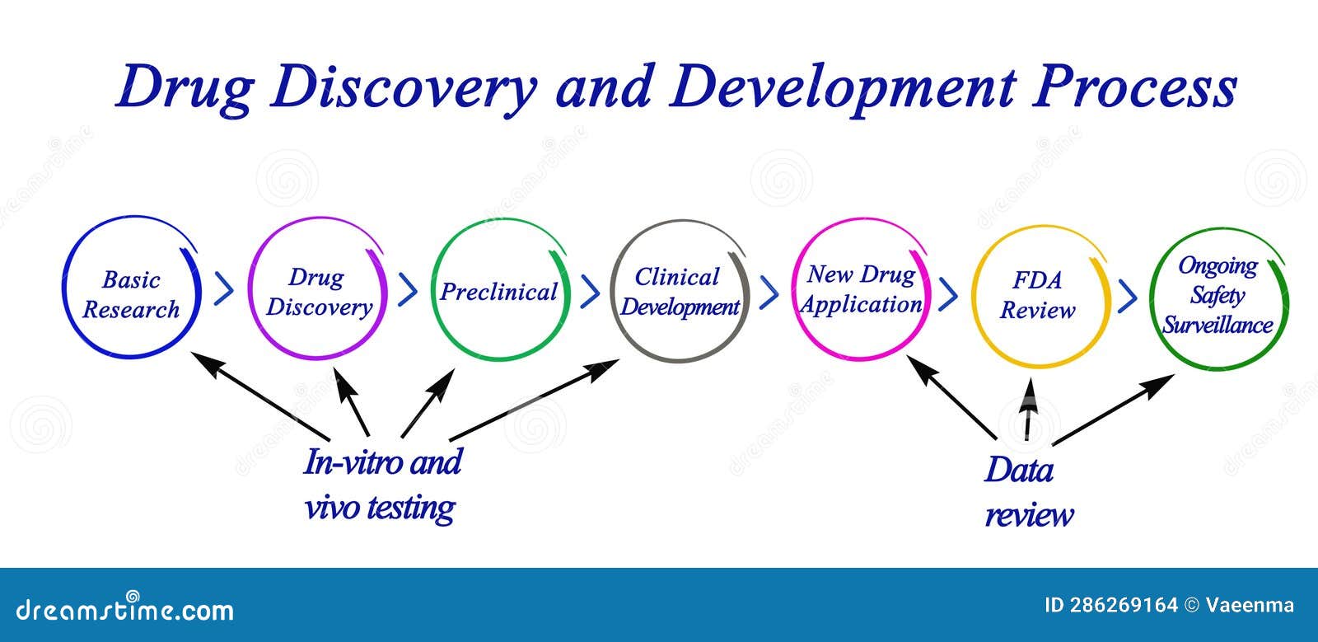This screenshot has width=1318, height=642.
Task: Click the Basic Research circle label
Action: pyautogui.click(x=131, y=294)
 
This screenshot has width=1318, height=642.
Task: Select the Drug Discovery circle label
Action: pyautogui.click(x=318, y=292)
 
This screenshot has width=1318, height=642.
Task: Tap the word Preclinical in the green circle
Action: pyautogui.click(x=498, y=292)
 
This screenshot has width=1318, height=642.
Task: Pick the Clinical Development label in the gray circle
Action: pyautogui.click(x=680, y=292)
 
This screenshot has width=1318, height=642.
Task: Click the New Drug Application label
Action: pyautogui.click(x=861, y=289)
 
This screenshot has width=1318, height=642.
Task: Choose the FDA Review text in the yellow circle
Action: pyautogui.click(x=1037, y=295)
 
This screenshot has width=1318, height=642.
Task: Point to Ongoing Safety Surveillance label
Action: pyautogui.click(x=1218, y=295)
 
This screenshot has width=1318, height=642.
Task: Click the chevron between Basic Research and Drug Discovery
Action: pyautogui.click(x=223, y=289)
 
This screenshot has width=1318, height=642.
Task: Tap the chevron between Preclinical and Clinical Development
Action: pyautogui.click(x=590, y=289)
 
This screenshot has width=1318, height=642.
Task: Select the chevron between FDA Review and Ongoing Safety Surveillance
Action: pyautogui.click(x=1128, y=295)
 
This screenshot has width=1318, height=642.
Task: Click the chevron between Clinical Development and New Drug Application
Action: pyautogui.click(x=769, y=291)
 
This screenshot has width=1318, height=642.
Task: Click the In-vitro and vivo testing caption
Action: pyautogui.click(x=381, y=484)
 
